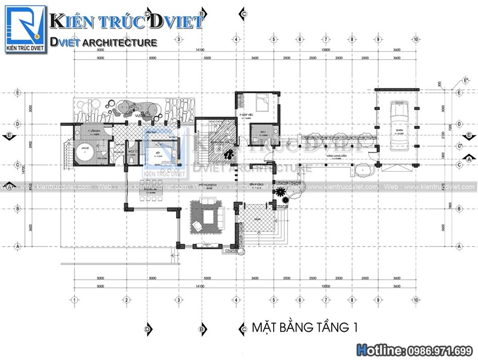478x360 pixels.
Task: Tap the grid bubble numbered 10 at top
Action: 415,39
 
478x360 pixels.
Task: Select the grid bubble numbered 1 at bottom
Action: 74,300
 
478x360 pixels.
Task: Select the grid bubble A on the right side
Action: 459,246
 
